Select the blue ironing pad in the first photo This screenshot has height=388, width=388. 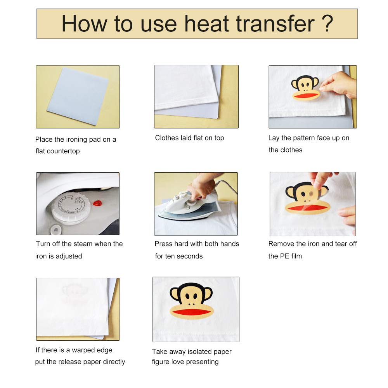coord(78,95)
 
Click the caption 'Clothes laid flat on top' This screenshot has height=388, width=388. coord(189,138)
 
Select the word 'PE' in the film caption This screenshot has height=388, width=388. coord(284,256)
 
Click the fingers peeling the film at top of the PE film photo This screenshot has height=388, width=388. coord(321,179)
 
